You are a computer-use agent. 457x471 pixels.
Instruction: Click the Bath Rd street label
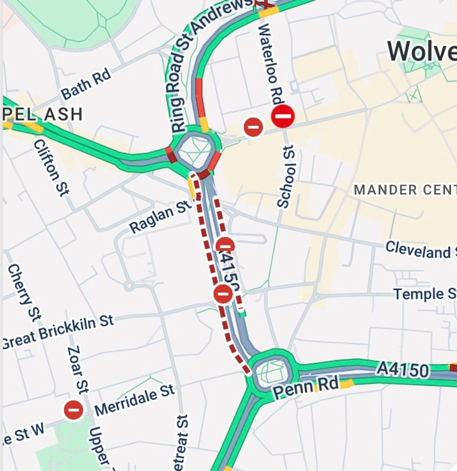pyautogui.click(x=86, y=84)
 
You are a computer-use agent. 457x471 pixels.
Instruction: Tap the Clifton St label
pyautogui.click(x=51, y=167)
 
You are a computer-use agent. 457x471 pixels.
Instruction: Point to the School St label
pyautogui.click(x=286, y=176)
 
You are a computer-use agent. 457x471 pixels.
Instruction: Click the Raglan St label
pyautogui.click(x=160, y=216)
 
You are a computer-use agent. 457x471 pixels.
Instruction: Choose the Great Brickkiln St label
pyautogui.click(x=58, y=331)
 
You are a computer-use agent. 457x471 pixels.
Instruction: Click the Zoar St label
pyautogui.click(x=78, y=369)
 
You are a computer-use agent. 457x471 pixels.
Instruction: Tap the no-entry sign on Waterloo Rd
pyautogui.click(x=283, y=116)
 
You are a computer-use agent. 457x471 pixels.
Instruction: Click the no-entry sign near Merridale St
pyautogui.click(x=74, y=410)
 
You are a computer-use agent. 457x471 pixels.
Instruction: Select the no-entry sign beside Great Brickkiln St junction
pyautogui.click(x=223, y=294)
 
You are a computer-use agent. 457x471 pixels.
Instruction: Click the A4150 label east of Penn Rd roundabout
pyautogui.click(x=403, y=370)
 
